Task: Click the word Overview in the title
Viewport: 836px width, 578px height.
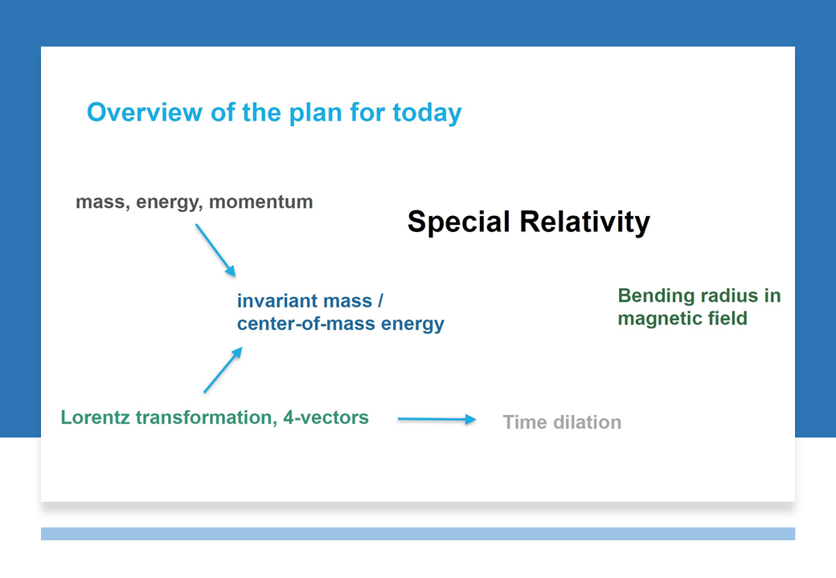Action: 145,112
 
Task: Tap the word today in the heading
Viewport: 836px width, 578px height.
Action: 427,114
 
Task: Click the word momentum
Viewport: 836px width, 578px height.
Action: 260,202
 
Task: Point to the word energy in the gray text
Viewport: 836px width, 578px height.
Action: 170,203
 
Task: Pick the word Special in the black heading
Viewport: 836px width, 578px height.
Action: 458,222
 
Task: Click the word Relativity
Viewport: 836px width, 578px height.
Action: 585,222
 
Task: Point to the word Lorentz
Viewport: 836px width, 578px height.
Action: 95,417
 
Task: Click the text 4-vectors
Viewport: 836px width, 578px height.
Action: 326,417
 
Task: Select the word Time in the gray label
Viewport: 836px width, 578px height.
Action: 525,422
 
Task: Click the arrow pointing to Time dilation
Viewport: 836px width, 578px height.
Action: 436,419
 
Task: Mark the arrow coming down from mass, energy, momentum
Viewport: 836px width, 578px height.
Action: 215,250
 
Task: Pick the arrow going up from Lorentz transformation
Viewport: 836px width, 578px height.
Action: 223,370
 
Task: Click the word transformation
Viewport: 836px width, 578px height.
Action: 206,417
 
